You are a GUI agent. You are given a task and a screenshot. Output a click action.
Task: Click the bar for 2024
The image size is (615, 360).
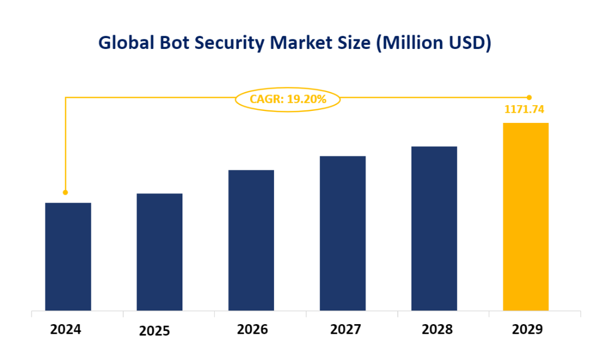tap(68, 256)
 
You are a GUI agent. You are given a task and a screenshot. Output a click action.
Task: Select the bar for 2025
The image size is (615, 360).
tap(160, 252)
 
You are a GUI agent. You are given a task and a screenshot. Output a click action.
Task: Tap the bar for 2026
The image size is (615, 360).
tap(251, 240)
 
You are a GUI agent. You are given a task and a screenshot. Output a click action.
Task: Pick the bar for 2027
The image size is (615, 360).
tap(343, 233)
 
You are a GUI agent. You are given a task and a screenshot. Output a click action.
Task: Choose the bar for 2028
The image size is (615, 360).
tap(434, 228)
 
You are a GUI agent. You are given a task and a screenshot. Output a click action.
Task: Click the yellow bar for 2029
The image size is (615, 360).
tap(526, 217)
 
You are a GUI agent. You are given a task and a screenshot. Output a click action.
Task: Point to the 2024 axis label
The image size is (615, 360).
tap(65, 329)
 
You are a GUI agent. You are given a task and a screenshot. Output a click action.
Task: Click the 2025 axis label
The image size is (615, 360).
tap(155, 331)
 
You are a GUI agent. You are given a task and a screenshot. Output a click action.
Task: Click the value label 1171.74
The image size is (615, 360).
tap(528, 109)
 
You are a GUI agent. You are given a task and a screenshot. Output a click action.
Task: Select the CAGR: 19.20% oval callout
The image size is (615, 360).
tap(288, 100)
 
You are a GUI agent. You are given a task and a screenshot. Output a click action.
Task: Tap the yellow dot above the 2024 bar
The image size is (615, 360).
tap(65, 192)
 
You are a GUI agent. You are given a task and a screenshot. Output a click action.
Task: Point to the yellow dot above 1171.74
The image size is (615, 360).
tap(529, 97)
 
